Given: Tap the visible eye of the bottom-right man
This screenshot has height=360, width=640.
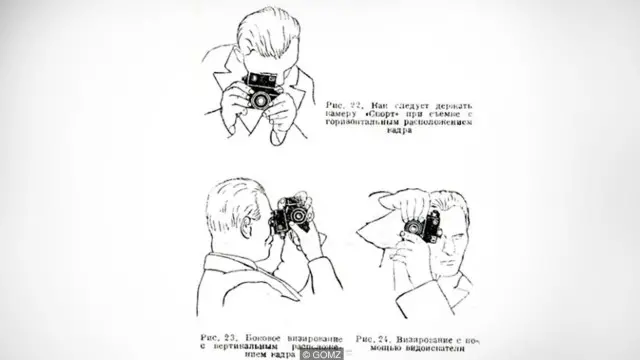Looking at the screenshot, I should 447,232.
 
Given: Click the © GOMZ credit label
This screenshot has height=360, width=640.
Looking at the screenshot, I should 319,353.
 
